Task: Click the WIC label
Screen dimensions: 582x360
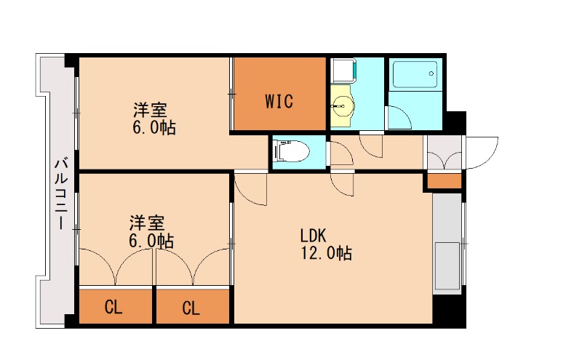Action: [279, 101]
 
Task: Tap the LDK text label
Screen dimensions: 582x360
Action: [313, 236]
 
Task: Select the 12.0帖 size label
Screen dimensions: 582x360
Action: [326, 253]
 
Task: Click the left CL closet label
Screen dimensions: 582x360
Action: [113, 307]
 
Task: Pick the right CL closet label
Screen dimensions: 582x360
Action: [191, 308]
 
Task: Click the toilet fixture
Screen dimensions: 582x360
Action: [292, 151]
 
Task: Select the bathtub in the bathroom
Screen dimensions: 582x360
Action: [415, 74]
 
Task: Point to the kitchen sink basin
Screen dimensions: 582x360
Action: [447, 265]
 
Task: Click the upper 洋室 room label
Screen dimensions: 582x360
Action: [151, 110]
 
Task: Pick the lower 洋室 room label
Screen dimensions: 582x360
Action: [147, 223]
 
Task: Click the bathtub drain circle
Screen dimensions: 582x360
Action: [431, 73]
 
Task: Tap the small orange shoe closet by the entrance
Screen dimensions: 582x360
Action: [445, 181]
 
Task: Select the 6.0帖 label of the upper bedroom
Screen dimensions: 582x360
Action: [154, 128]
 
